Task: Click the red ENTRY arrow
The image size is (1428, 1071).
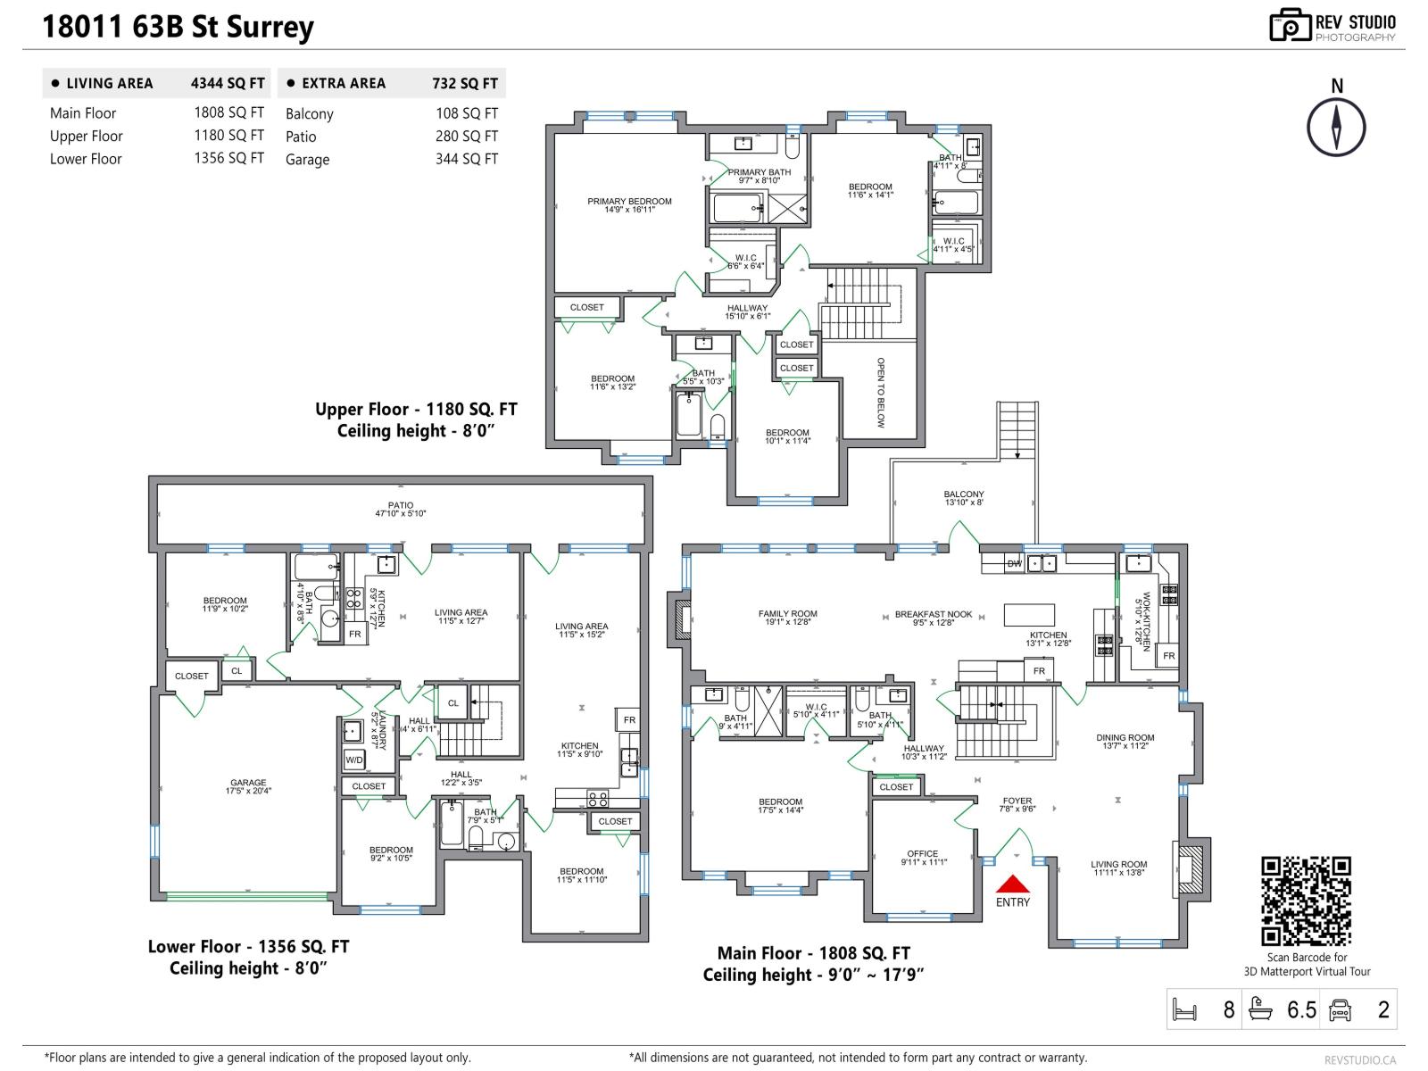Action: [1013, 884]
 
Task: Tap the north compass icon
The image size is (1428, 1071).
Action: [1336, 127]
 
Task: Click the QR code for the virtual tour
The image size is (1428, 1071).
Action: [1306, 901]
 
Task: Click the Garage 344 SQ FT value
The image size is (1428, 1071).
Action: [467, 159]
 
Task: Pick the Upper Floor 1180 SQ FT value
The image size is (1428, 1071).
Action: [229, 136]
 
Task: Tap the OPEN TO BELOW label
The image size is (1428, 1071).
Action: [881, 393]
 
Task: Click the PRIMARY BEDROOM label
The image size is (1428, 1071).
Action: [629, 205]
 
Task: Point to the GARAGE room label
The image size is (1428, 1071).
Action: [248, 786]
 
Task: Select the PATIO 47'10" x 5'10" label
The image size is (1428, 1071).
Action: [401, 509]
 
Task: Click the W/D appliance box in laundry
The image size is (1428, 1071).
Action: [354, 760]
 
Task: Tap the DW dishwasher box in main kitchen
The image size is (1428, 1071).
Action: [1014, 564]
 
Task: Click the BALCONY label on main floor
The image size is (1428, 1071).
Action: [964, 498]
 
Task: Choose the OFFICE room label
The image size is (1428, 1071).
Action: [923, 858]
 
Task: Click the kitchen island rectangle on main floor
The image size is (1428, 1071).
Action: [1029, 615]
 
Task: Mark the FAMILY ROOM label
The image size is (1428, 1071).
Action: [787, 618]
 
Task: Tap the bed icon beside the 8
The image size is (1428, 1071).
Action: [1184, 1010]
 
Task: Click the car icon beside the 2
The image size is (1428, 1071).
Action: [1340, 1010]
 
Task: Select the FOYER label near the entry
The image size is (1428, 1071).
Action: [1017, 804]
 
